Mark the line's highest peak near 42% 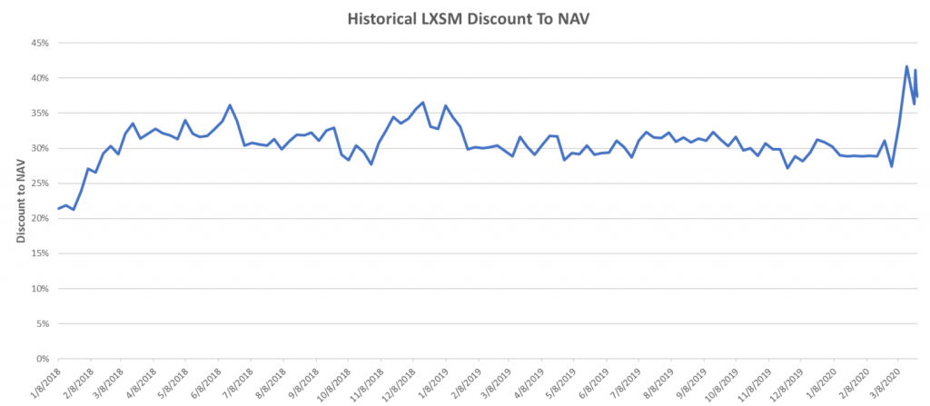click(x=906, y=66)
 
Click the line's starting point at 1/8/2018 click(x=58, y=209)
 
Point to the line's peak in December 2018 click(x=423, y=102)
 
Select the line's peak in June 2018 click(x=230, y=105)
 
